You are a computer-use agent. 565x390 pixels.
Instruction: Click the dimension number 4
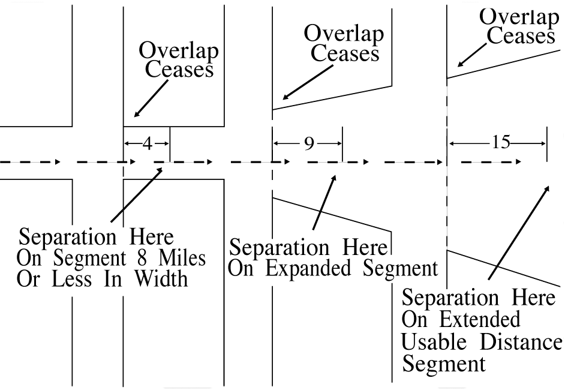(147, 144)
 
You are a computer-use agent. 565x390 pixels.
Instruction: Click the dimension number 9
(308, 144)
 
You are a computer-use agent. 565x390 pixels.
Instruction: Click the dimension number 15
(499, 143)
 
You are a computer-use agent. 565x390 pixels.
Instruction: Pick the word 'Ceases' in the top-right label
(521, 36)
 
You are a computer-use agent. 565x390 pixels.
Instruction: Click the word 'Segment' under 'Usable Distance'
(435, 364)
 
